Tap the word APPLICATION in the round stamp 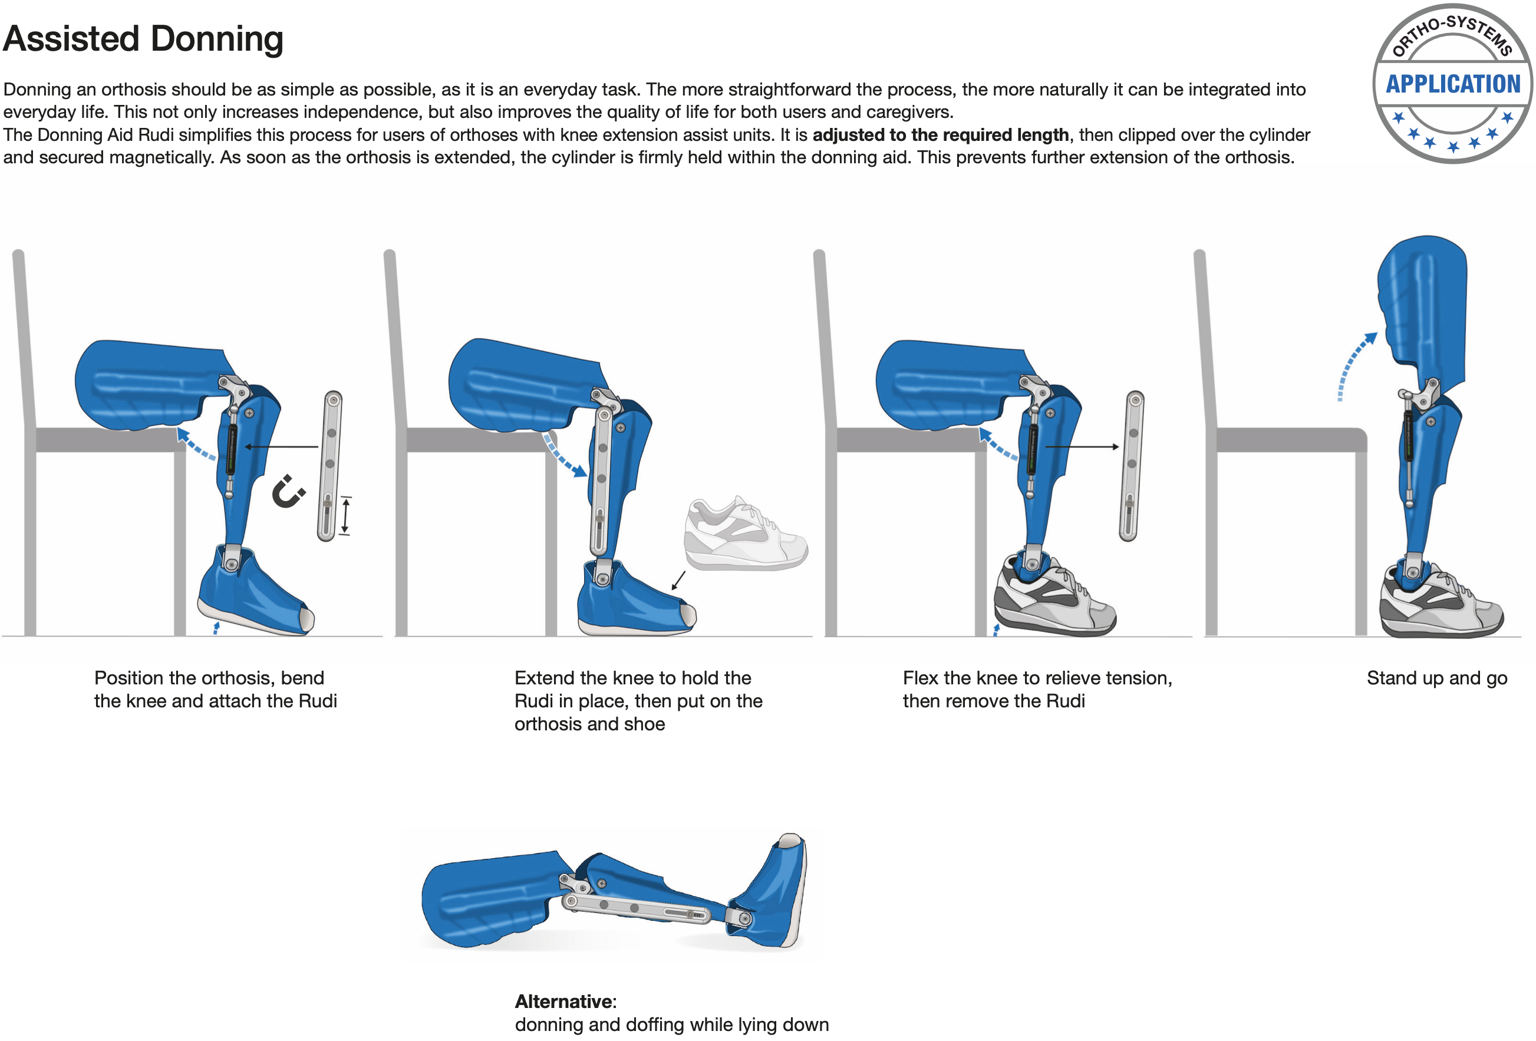click(x=1453, y=84)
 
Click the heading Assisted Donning click(x=143, y=38)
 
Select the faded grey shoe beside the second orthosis click(x=746, y=533)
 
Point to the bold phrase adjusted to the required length click(x=941, y=135)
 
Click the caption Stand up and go click(x=1437, y=677)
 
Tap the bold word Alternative click(x=565, y=1002)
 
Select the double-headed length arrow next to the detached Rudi click(x=345, y=516)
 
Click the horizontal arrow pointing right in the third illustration click(x=1082, y=447)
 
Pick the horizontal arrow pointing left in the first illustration click(x=282, y=447)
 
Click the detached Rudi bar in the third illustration click(x=1132, y=466)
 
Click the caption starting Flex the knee click(x=1037, y=689)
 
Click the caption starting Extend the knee click(x=638, y=701)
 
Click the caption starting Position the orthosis click(x=216, y=689)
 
